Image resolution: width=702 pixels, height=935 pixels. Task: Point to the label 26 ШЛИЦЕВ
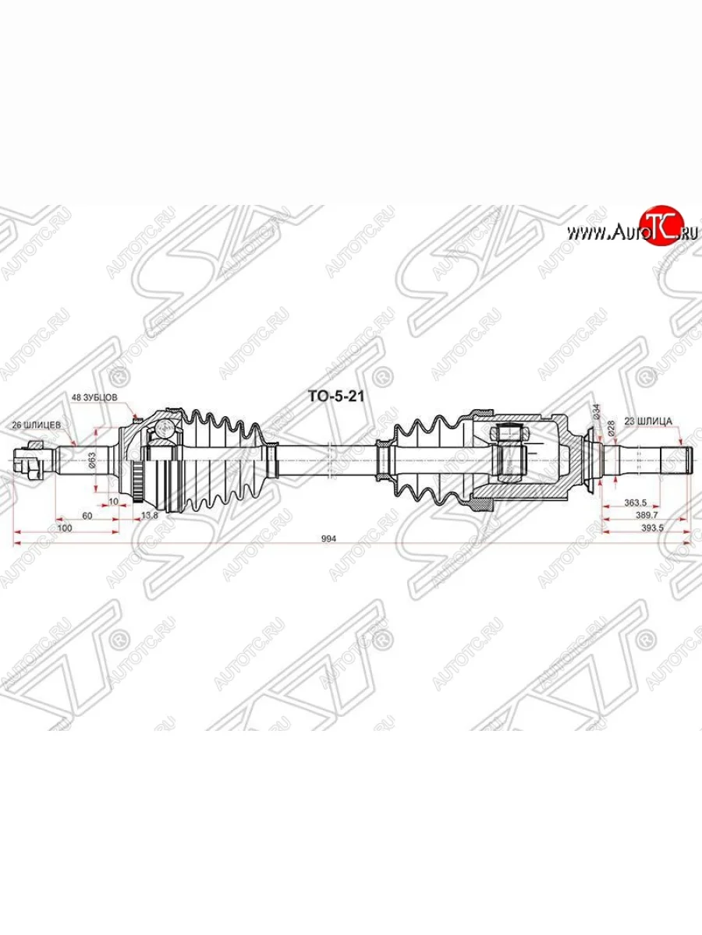pos(32,425)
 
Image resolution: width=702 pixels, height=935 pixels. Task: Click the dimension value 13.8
pos(147,515)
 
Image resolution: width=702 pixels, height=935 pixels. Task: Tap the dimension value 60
pos(87,515)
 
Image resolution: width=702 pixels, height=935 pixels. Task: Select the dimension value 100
pos(66,527)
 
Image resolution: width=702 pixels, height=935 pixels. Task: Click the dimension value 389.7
pos(644,516)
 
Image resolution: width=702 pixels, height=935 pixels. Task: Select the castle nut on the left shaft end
pos(30,460)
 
